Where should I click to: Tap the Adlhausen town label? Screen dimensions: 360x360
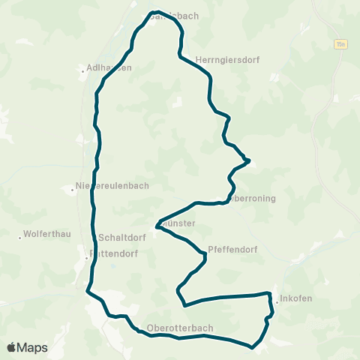[109, 67]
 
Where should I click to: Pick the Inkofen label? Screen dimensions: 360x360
[296, 298]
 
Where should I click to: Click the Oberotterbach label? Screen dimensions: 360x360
[181, 328]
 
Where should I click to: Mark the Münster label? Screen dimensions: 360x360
[178, 223]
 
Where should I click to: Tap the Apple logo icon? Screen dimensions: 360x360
[11, 347]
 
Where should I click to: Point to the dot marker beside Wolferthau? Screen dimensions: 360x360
[20, 238]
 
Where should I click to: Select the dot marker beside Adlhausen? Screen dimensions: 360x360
[82, 72]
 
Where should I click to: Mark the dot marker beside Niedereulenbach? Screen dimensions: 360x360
[72, 190]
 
